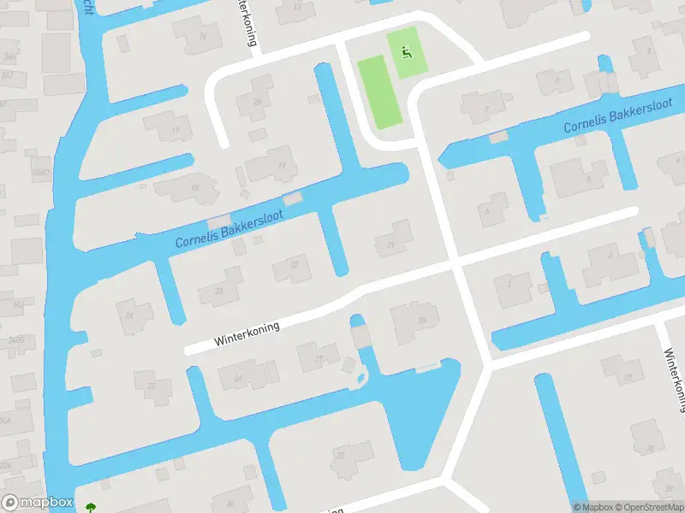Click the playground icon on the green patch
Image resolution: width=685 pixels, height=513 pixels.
point(406,50)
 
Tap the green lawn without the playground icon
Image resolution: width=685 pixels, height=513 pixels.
point(378,92)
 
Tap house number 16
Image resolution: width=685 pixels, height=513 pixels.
point(202,36)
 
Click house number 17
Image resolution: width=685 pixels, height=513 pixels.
point(176,130)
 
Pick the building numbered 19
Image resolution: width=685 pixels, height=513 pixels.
point(281,166)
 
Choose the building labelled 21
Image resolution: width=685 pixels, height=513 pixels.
point(391,245)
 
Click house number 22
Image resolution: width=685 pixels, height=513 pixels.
point(295,264)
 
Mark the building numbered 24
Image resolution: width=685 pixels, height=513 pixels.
point(130,315)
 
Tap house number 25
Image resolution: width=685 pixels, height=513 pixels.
point(152,387)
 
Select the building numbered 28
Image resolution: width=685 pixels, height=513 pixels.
point(421,321)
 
